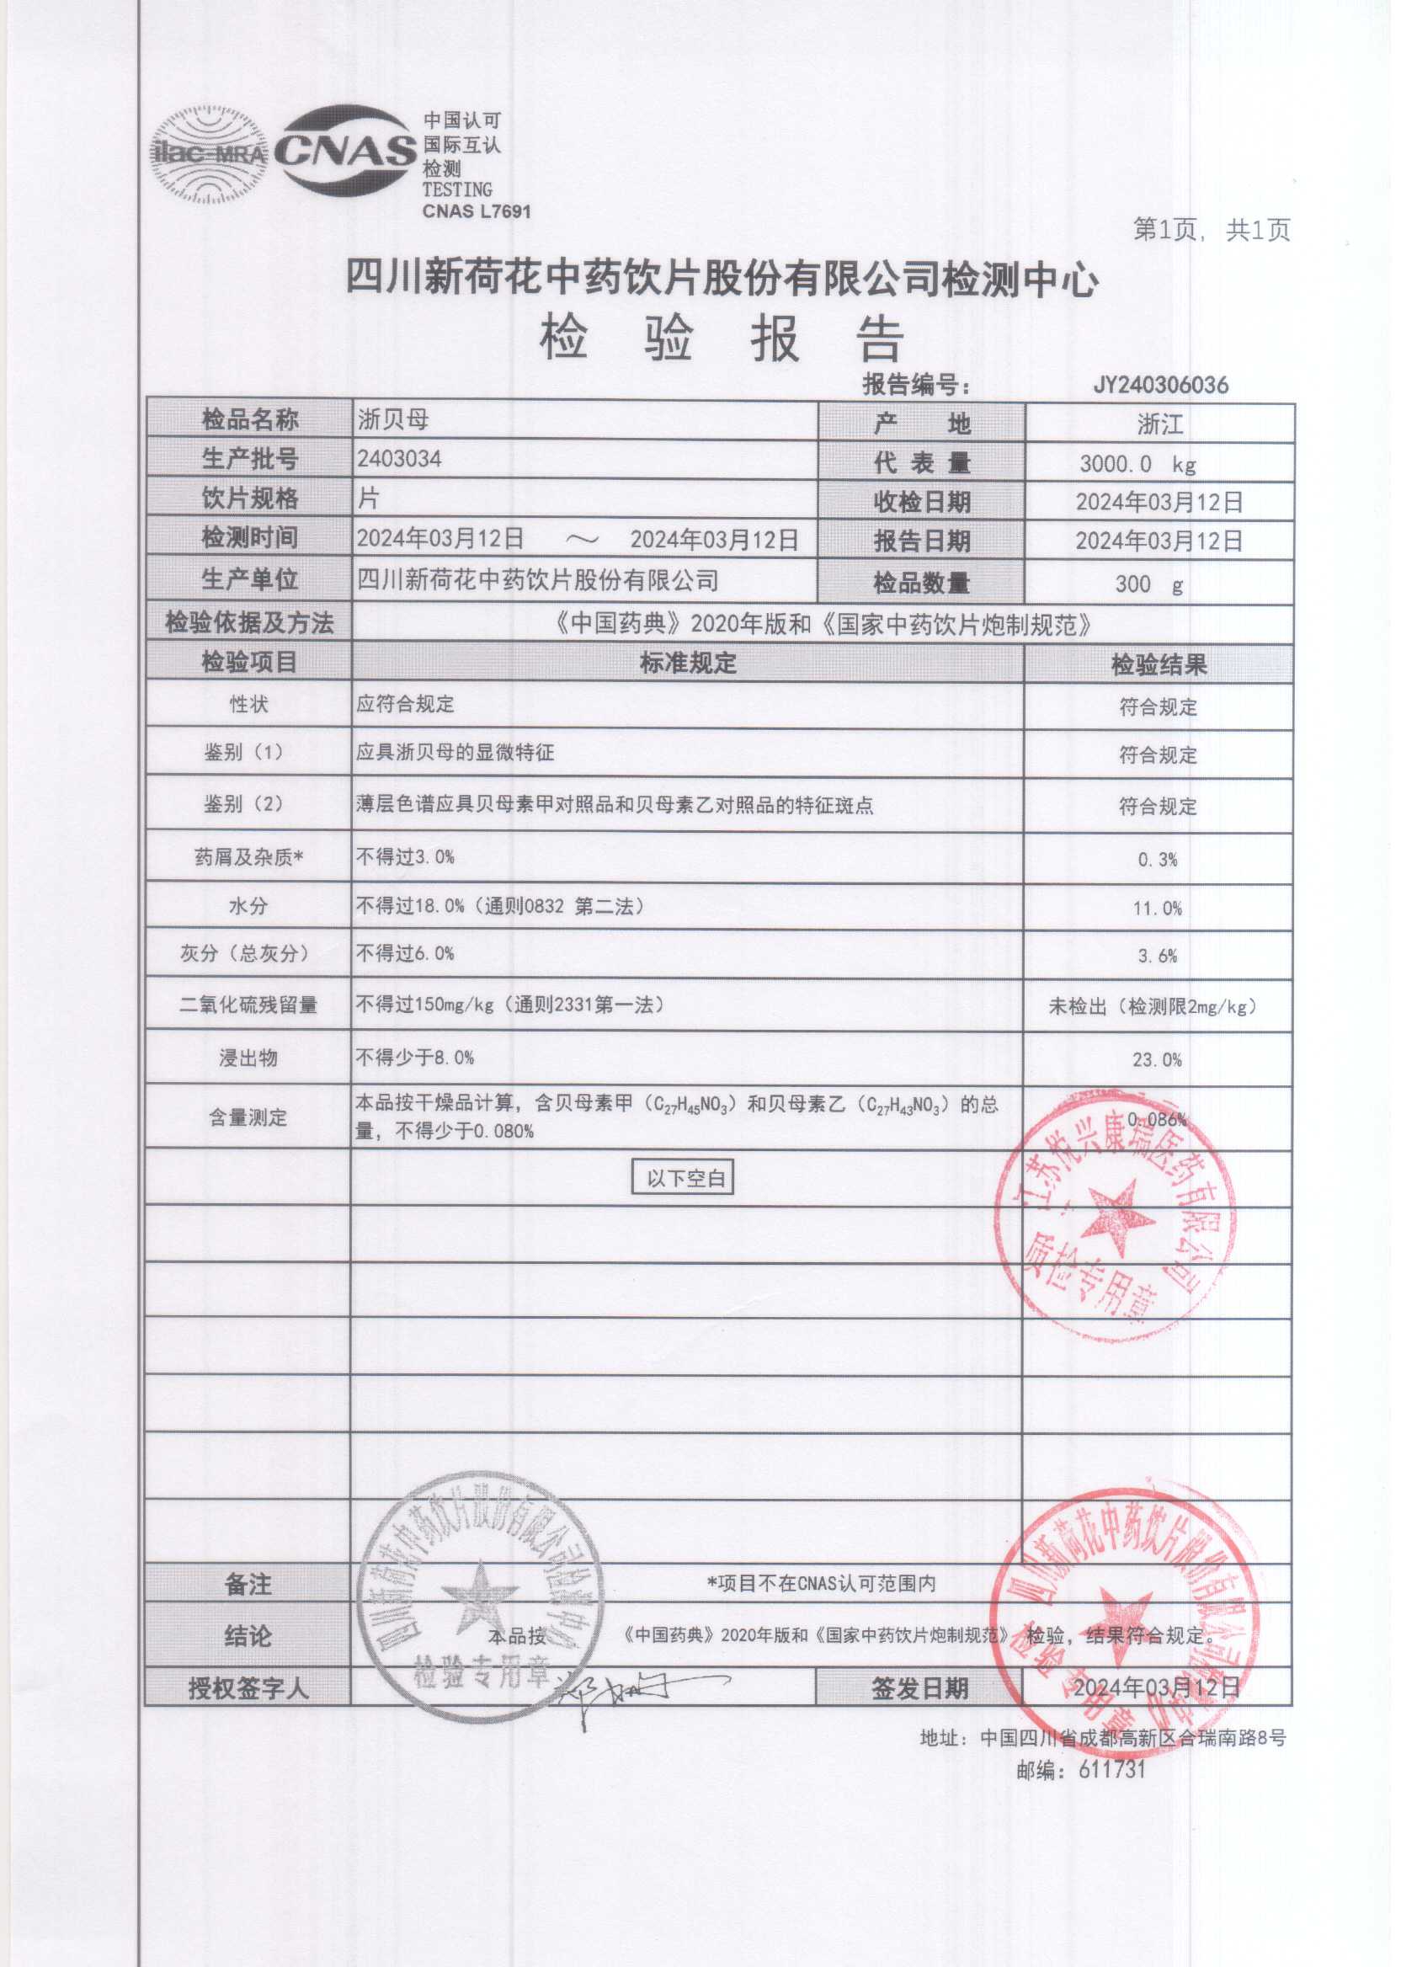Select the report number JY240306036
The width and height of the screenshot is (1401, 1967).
coord(1160,385)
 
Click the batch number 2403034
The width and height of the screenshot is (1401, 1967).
coord(399,459)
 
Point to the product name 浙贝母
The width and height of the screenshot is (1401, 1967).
coord(393,420)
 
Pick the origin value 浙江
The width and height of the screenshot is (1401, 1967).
coord(1159,424)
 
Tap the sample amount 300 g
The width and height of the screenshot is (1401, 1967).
coord(1148,584)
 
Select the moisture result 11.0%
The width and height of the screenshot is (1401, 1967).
coord(1157,909)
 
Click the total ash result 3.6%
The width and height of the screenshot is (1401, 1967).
coord(1157,956)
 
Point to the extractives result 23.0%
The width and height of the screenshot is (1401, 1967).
coord(1157,1060)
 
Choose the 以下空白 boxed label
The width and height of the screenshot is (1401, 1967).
coord(685,1179)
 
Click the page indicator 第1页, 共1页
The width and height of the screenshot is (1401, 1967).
coord(1212,230)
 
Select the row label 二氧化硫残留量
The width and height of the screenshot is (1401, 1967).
coord(248,1005)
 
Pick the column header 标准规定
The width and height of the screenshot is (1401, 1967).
coord(688,663)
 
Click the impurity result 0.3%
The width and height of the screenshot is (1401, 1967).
coord(1157,859)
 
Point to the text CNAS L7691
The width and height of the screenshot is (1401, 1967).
coord(477,211)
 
